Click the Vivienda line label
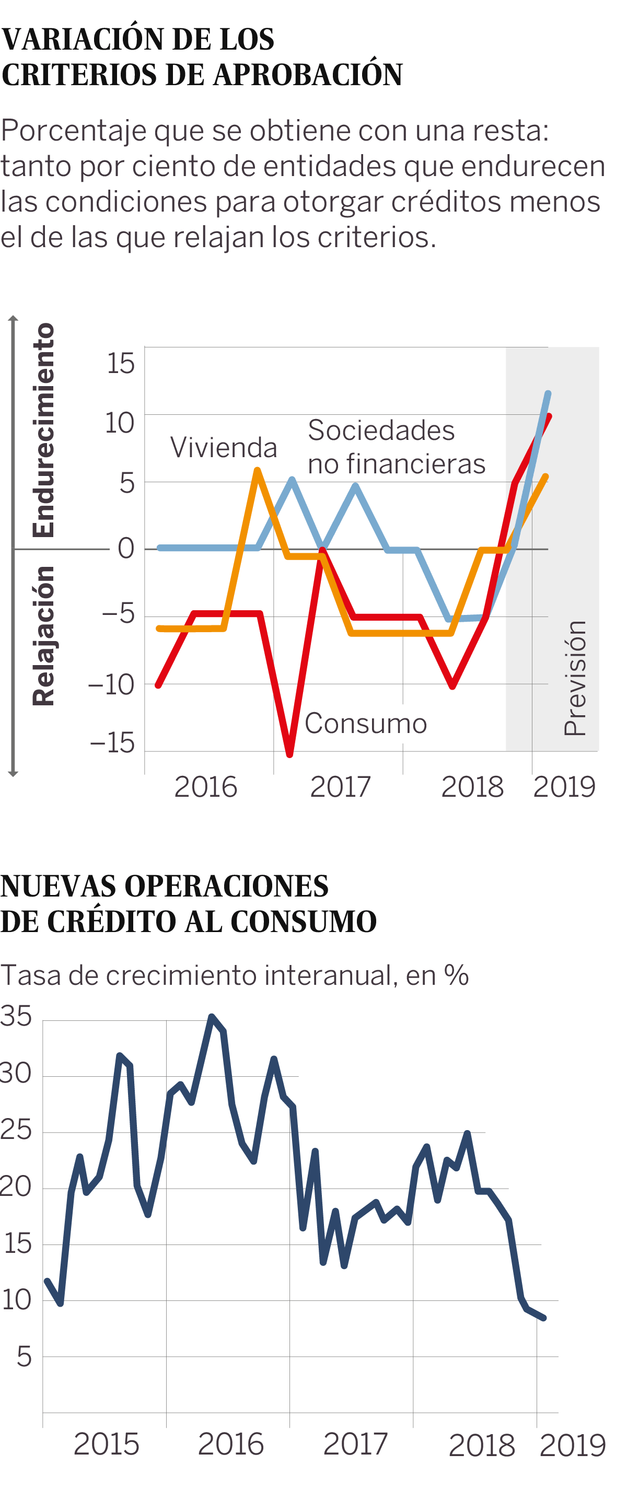point(224,448)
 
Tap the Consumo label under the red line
point(366,724)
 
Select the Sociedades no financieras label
point(397,447)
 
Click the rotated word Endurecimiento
point(44,430)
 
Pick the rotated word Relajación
point(44,636)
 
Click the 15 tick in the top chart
point(120,364)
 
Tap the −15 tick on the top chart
point(112,743)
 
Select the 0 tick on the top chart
point(126,549)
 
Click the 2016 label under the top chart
point(206,787)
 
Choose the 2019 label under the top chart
point(564,787)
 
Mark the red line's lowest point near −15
point(289,754)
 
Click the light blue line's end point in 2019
point(548,393)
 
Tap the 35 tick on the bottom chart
point(16,1017)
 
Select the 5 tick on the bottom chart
point(24,1357)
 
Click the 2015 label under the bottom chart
point(107,1445)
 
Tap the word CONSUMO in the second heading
point(304,922)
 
